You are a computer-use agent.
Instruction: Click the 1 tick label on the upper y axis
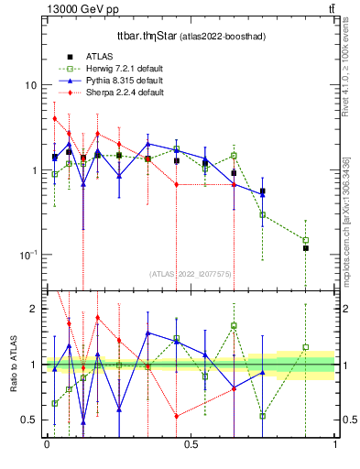(33, 170)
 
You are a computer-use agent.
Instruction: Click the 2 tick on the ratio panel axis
(33, 309)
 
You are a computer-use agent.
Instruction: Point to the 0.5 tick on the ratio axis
(27, 420)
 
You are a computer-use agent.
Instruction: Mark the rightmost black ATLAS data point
(306, 248)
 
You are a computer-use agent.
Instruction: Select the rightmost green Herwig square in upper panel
(306, 240)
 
